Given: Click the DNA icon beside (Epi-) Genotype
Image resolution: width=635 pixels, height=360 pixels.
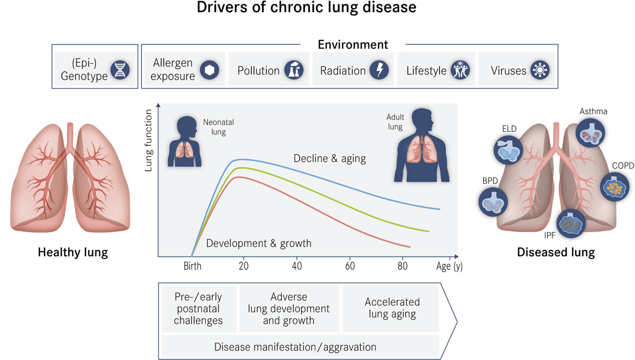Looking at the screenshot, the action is (x=120, y=70).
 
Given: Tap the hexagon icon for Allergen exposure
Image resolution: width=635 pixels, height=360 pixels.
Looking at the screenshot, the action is (x=209, y=70).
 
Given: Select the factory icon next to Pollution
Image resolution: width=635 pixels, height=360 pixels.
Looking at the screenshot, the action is (x=293, y=70).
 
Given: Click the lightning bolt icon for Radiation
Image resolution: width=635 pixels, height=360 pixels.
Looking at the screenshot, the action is (x=379, y=70).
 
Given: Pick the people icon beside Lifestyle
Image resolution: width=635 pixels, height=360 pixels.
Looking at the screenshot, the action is (x=461, y=70).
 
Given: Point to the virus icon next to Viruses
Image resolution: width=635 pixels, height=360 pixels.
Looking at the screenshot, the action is (x=540, y=70).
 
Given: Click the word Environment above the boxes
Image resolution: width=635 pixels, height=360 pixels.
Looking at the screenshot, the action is (x=353, y=44).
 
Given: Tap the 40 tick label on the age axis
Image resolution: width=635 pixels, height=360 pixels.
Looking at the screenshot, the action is (x=297, y=266).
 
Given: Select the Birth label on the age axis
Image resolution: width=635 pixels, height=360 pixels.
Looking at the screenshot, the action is (x=192, y=266).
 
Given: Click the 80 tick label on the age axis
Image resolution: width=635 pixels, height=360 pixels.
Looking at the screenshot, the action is (x=402, y=266).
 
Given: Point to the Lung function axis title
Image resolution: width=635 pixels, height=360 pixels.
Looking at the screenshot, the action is (x=148, y=140).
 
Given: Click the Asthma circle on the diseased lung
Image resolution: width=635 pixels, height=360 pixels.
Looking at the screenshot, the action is (x=591, y=133).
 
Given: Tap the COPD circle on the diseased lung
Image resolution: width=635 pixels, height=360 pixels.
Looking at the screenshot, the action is (x=614, y=187).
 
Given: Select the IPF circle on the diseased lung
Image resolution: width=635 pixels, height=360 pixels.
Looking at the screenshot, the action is (x=571, y=223).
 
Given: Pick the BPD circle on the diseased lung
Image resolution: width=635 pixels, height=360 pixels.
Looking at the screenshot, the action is (x=493, y=201).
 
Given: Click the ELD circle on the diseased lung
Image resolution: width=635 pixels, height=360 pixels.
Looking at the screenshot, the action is (x=508, y=150).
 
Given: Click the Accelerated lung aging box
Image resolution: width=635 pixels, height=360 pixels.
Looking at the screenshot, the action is (x=392, y=308).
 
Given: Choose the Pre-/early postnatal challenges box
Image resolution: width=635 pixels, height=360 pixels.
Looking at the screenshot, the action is (x=199, y=308).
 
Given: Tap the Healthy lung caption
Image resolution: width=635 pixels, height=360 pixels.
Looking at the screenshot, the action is (x=73, y=252).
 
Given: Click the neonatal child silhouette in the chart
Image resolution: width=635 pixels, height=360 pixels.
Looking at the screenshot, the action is (x=185, y=142).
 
